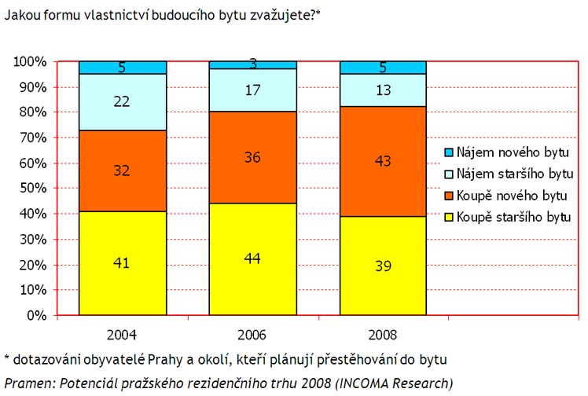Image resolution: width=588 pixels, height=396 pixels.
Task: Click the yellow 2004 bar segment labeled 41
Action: (x=122, y=263)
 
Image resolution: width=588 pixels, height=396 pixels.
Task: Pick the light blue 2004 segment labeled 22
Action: (x=122, y=102)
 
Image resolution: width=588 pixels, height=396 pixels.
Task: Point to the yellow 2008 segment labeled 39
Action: (x=383, y=266)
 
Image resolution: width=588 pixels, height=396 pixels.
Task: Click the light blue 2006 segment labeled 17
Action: (x=252, y=90)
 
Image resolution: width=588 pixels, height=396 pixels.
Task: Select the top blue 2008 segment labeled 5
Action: (x=383, y=68)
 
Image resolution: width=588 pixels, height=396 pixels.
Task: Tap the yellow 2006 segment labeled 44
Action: (x=252, y=259)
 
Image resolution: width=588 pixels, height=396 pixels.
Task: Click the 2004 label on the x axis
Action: (x=122, y=334)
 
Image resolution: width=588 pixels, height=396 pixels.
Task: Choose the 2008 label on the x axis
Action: (x=383, y=334)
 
